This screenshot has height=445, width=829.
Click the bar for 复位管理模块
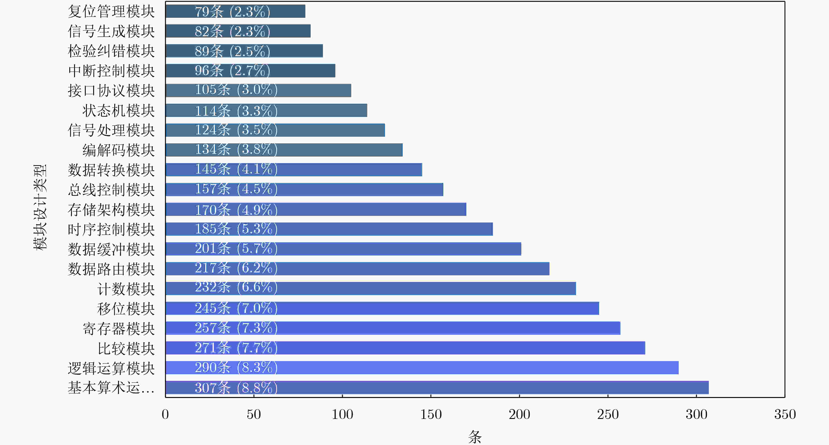click(235, 11)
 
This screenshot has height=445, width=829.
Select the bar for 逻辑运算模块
click(422, 367)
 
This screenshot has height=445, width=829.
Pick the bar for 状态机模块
click(266, 110)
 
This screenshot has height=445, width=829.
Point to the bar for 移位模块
click(382, 308)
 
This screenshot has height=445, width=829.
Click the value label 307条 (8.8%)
click(236, 387)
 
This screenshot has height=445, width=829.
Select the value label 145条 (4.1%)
click(236, 169)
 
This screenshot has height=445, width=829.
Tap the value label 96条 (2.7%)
click(232, 70)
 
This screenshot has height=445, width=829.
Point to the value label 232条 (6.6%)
click(236, 287)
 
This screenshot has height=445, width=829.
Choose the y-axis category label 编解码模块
click(119, 150)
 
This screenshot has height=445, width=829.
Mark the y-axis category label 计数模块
click(126, 289)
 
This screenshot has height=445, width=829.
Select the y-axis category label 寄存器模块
click(119, 328)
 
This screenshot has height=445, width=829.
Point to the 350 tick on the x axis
click(785, 414)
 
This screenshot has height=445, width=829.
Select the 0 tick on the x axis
click(165, 414)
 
